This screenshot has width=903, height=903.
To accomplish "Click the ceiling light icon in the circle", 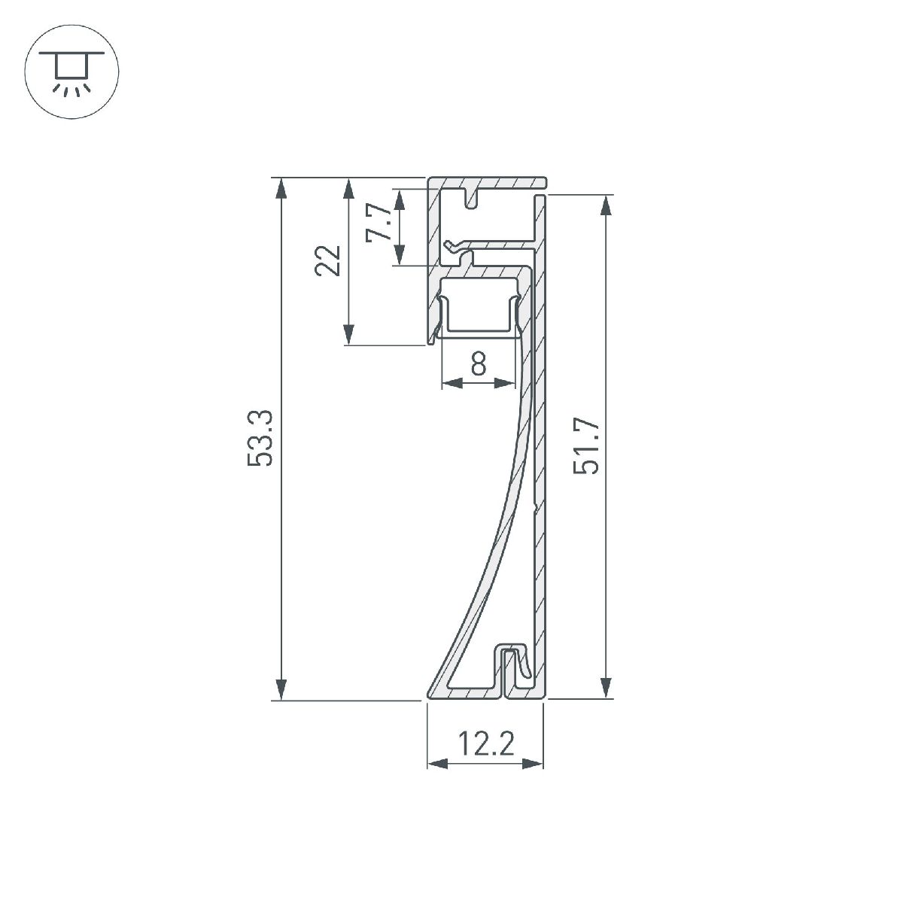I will coord(72,72).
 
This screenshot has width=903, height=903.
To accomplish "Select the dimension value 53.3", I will coord(260,439).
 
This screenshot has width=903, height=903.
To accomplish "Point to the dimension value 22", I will coord(330,261).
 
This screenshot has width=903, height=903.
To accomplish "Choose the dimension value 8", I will coord(479,364).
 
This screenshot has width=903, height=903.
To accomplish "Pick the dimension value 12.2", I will coord(486,745).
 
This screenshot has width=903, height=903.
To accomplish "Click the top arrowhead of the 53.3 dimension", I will coord(281,187).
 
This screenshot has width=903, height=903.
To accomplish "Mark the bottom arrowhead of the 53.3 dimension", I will coord(281,690).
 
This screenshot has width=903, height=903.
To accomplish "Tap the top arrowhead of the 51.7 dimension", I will coord(604,205).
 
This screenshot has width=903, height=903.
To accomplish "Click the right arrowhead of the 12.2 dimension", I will coord(534,765).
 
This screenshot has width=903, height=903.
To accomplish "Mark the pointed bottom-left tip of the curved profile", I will coord(431,694).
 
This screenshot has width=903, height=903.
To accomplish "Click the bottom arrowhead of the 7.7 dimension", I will coord(400,256).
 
